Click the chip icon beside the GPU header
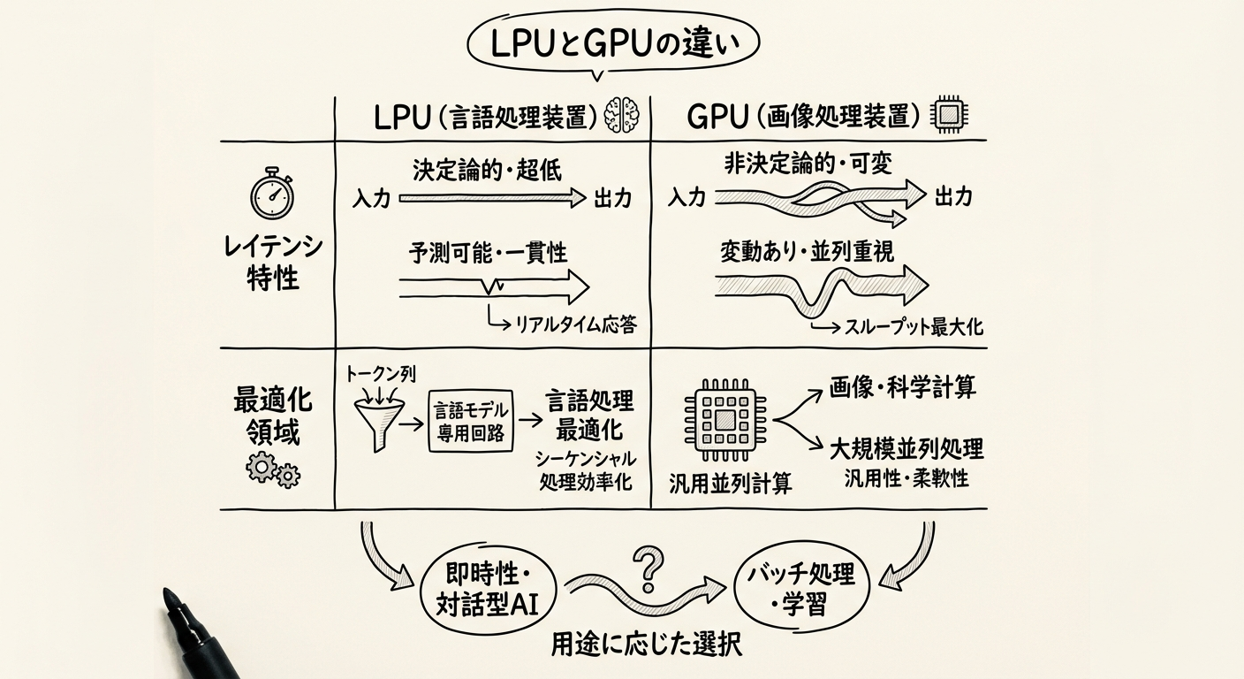tap(949, 116)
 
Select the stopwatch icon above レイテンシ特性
tap(271, 196)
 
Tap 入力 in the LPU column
tap(370, 200)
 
